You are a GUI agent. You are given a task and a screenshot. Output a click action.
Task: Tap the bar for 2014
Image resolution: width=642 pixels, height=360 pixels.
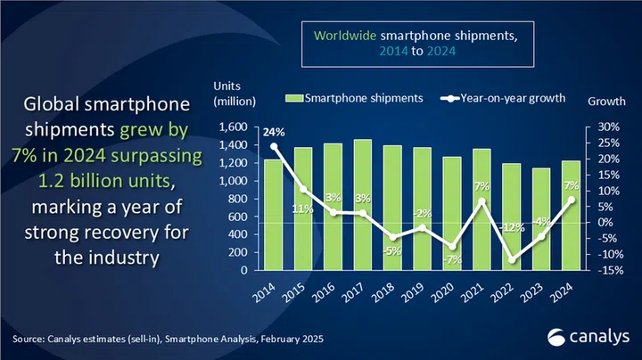tap(273, 214)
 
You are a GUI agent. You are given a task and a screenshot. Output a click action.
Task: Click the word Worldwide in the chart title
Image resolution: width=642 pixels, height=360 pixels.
tap(342, 36)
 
